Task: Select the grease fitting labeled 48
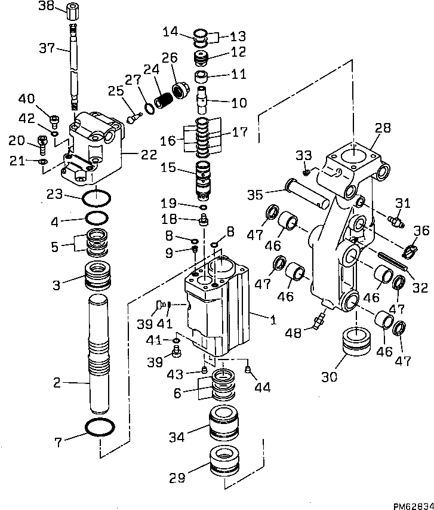click(316, 322)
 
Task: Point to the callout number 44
click(262, 388)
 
